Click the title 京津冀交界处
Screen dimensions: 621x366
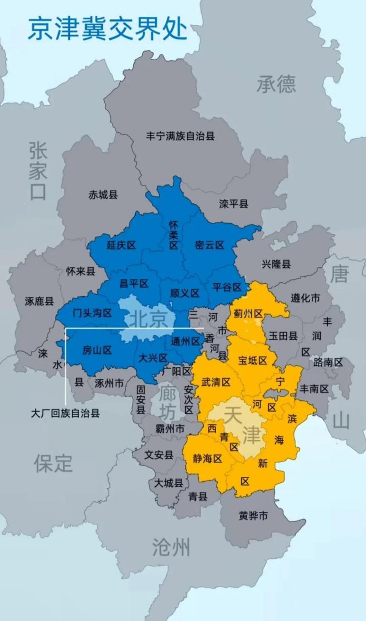coord(107,29)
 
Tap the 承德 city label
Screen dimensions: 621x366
coord(276,84)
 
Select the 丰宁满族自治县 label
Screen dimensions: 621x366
coord(180,136)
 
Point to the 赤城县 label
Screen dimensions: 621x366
coord(103,195)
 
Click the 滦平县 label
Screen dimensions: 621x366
coord(234,204)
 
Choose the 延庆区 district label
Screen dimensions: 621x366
coord(121,245)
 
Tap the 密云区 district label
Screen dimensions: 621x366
coord(209,245)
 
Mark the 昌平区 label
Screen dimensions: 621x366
coord(133,283)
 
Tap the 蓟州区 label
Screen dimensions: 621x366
coord(248,314)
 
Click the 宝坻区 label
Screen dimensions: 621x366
coord(253,360)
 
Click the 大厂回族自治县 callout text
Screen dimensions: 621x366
coord(65,413)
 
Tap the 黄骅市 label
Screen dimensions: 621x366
coord(253,516)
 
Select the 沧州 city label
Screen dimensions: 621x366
coord(171,547)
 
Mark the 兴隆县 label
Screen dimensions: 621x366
coord(276,264)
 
